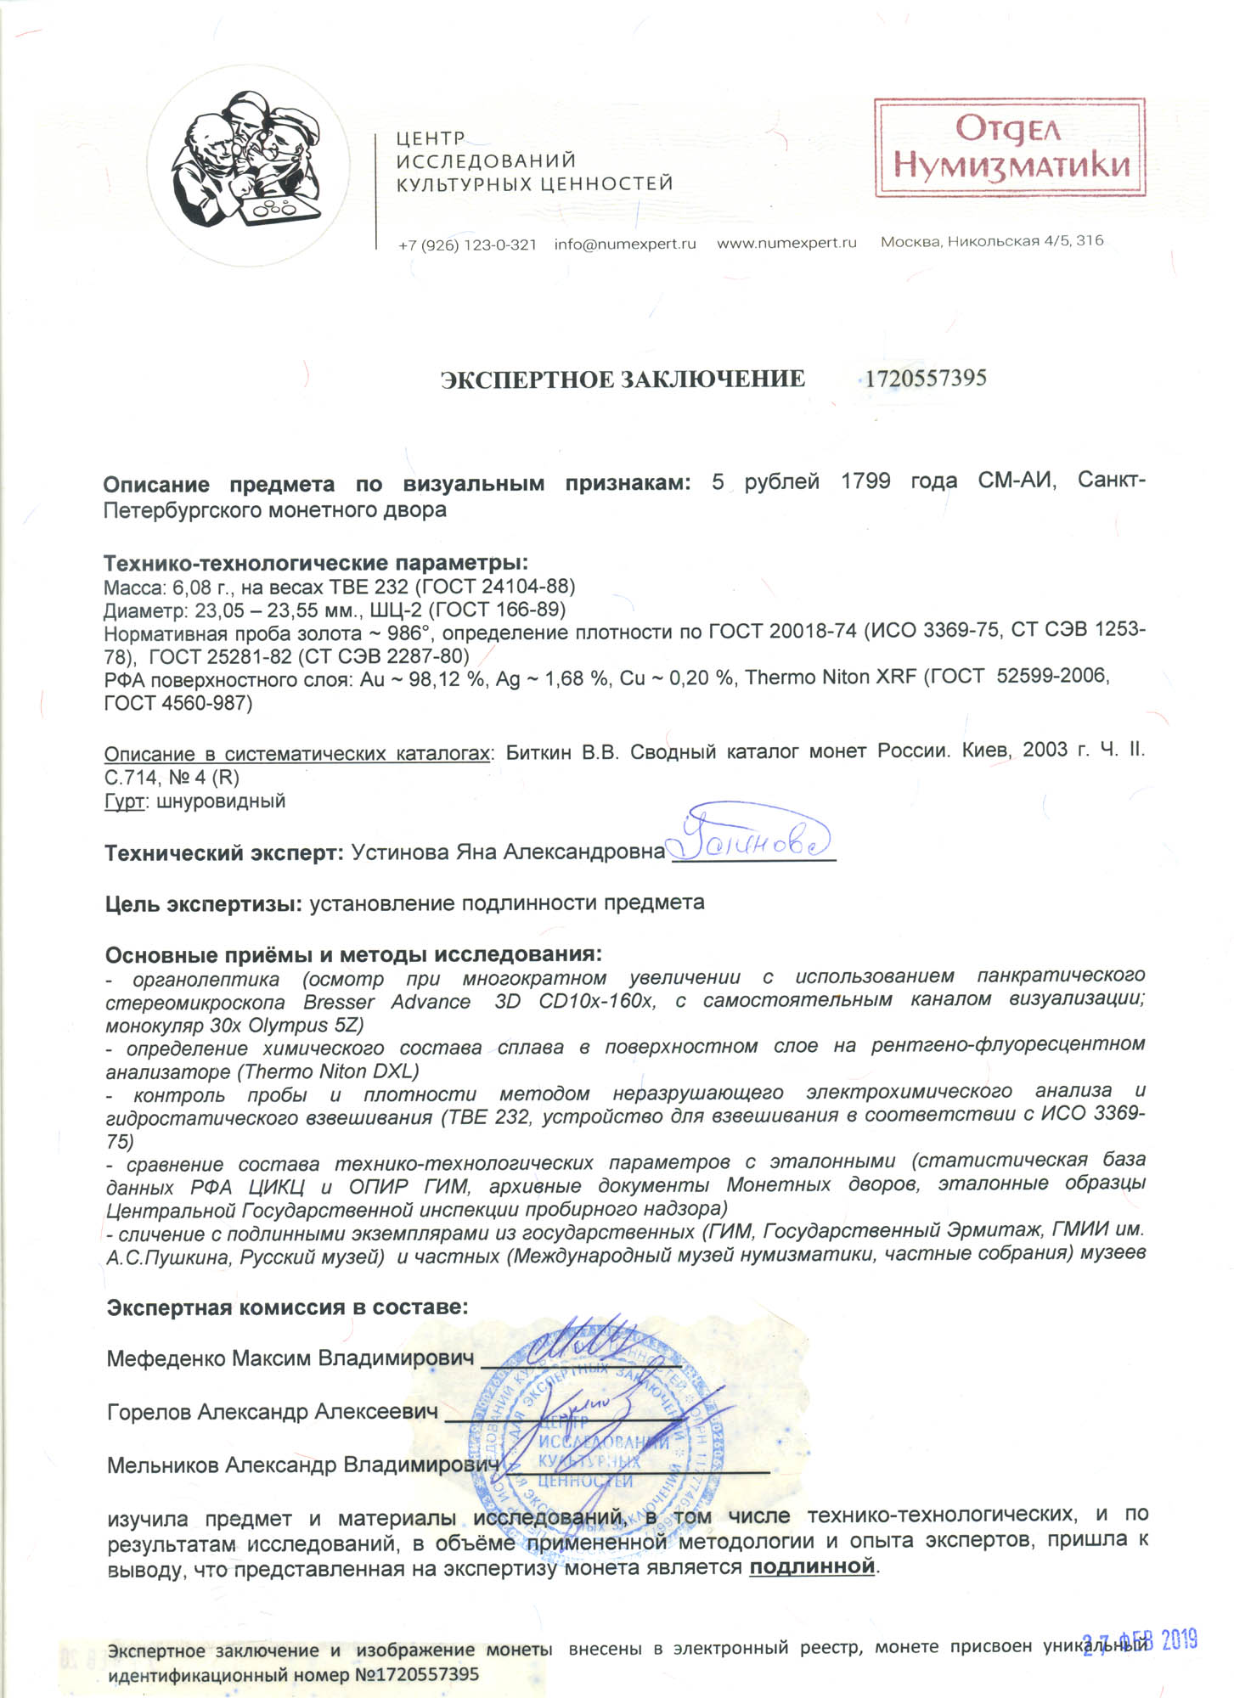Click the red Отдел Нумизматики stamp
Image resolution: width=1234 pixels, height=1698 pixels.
[1010, 147]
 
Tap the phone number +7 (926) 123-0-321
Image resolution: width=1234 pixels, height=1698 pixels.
[467, 245]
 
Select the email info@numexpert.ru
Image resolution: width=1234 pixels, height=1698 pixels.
[625, 244]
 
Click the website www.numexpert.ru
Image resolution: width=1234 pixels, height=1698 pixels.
[786, 243]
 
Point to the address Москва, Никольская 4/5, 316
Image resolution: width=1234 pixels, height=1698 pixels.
[992, 241]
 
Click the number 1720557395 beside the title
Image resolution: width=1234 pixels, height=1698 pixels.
[925, 378]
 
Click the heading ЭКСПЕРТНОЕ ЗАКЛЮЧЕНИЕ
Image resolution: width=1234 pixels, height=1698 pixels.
[623, 380]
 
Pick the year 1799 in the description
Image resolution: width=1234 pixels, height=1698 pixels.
[865, 481]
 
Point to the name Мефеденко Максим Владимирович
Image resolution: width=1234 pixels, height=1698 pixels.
[290, 1358]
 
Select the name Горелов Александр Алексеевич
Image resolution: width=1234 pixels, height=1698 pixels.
[273, 1412]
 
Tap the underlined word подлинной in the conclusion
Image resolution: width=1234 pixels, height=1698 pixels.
[811, 1566]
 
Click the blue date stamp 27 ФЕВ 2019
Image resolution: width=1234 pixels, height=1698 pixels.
[1140, 1641]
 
